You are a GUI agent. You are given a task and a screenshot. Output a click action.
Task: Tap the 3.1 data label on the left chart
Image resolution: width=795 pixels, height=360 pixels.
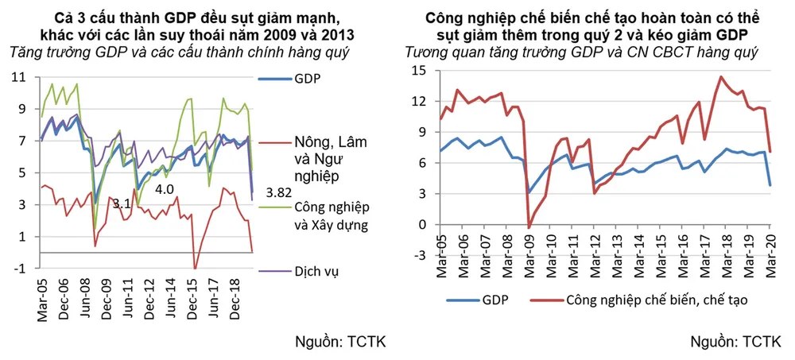pyautogui.click(x=120, y=203)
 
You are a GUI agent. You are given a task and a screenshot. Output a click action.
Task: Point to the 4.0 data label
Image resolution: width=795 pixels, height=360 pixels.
pyautogui.click(x=164, y=189)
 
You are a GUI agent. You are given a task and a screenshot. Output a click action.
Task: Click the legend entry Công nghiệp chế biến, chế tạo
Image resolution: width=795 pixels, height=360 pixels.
pyautogui.click(x=657, y=300)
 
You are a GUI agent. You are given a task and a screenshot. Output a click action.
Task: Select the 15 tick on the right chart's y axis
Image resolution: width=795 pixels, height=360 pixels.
pyautogui.click(x=420, y=70)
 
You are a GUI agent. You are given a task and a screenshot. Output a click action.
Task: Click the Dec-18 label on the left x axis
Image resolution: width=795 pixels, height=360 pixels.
pyautogui.click(x=236, y=297)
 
